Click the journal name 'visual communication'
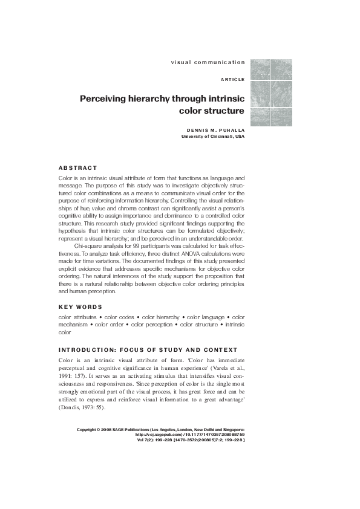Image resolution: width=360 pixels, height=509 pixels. pyautogui.click(x=208, y=62)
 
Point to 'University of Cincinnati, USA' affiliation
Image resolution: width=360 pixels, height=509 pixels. pyautogui.click(x=213, y=137)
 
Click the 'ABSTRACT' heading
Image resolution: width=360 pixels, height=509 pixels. pyautogui.click(x=77, y=167)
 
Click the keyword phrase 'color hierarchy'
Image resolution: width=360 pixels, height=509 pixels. pyautogui.click(x=160, y=317)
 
